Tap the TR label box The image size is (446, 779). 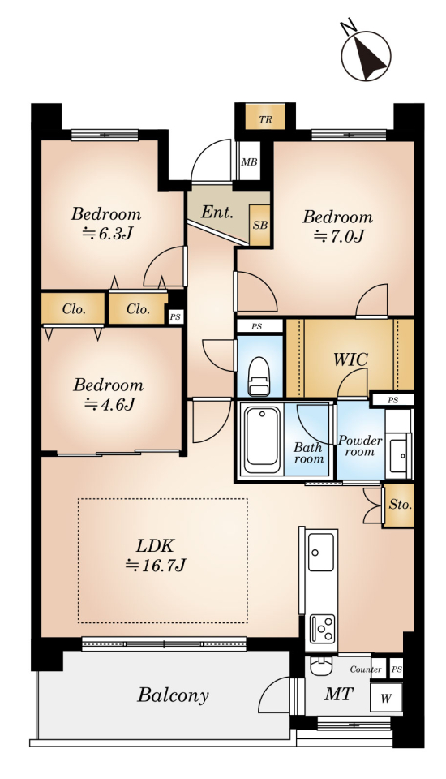pos(266,120)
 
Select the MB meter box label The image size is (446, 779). pos(249,162)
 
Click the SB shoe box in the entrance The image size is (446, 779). pos(259,225)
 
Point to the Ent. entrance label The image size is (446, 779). pos(217,213)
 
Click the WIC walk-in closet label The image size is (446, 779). pos(350,359)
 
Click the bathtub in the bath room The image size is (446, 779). pos(261,440)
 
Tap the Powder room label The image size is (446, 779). pos(360,445)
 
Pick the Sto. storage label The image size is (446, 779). pos(400,505)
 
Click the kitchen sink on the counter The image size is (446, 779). pos(320,552)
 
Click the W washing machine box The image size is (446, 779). pos(386,698)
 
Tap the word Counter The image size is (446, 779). pos(366,669)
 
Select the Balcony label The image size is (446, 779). pos(173,695)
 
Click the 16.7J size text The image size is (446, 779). pos(156,566)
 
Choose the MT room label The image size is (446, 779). pos(339,694)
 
